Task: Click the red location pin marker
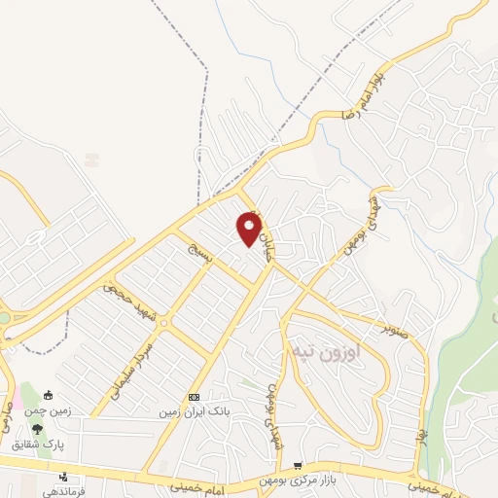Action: pyautogui.click(x=249, y=229)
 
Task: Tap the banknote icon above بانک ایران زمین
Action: pyautogui.click(x=194, y=398)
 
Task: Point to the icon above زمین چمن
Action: pyautogui.click(x=50, y=395)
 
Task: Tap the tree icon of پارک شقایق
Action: pyautogui.click(x=37, y=429)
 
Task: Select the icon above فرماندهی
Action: pyautogui.click(x=63, y=477)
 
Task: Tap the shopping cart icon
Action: pyautogui.click(x=298, y=466)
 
